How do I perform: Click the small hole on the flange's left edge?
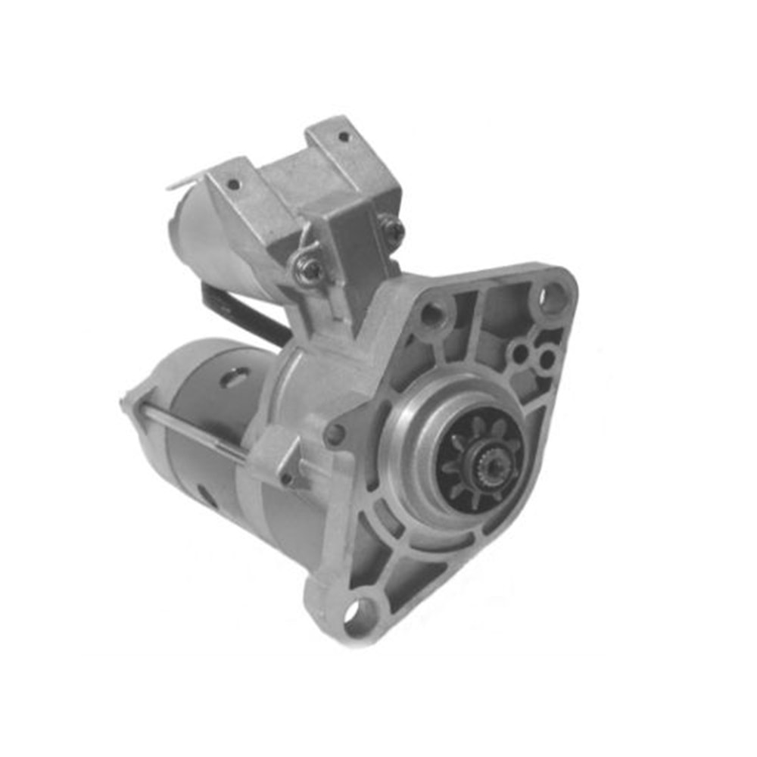point(333,435)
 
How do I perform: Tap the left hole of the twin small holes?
point(519,353)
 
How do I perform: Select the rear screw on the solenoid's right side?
point(391,229)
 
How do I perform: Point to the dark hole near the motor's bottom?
point(204,493)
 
